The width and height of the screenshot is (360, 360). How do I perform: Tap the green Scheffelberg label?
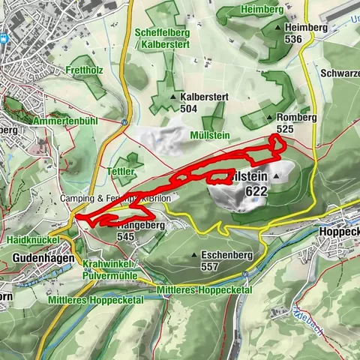(161, 33)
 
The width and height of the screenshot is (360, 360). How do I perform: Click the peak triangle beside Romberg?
(269, 118)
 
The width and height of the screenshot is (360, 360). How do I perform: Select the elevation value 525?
(284, 129)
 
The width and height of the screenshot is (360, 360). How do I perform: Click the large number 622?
(256, 191)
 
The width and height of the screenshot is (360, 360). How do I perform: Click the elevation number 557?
(210, 265)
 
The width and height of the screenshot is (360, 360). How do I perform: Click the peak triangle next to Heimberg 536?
(279, 28)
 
